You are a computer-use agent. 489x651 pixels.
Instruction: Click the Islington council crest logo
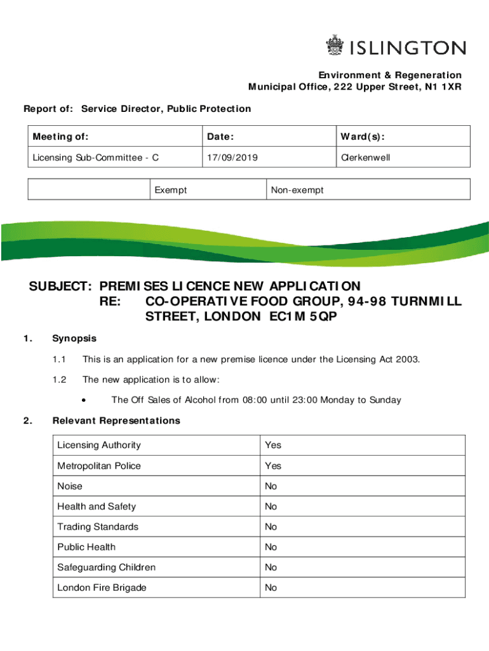tap(334, 46)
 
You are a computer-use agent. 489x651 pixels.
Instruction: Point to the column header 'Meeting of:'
tap(61, 137)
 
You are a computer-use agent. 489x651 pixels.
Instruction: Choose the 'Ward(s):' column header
tap(363, 137)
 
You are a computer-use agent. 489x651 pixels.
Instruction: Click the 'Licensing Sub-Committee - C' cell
tap(96, 157)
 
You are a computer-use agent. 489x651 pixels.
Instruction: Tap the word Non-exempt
tap(297, 189)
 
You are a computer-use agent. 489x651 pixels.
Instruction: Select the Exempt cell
tap(171, 189)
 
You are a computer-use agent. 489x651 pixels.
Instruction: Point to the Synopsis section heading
tap(74, 339)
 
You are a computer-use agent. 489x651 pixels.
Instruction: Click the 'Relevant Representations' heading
tap(116, 421)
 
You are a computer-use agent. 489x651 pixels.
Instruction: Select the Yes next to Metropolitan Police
tap(273, 466)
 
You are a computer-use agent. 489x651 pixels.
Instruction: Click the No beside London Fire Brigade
tap(271, 587)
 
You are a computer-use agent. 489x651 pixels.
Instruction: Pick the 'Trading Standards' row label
tap(97, 527)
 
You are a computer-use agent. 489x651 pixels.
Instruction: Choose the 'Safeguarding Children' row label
tap(106, 567)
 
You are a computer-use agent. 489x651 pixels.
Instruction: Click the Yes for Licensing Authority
tap(273, 445)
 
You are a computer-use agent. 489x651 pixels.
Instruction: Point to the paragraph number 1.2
tap(60, 380)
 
